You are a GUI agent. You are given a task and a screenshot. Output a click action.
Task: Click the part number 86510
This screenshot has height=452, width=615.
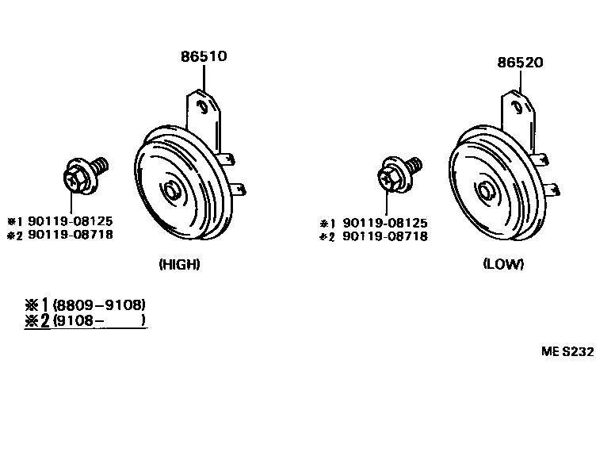click(204, 56)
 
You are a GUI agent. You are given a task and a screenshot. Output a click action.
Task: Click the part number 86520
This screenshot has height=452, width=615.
click(520, 62)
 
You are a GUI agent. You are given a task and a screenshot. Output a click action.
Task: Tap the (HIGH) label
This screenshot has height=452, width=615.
click(179, 265)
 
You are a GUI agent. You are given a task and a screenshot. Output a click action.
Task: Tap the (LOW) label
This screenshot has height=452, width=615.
click(503, 265)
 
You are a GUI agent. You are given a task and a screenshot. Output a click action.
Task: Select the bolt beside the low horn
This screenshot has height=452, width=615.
click(396, 174)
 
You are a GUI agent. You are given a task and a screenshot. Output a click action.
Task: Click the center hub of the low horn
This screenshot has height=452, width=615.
click(485, 190)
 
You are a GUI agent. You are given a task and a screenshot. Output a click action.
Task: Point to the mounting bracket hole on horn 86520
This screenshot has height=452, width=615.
click(516, 104)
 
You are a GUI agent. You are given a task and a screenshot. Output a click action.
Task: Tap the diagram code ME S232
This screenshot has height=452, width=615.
click(567, 352)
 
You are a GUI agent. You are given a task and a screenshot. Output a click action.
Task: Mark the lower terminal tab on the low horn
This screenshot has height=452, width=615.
click(554, 190)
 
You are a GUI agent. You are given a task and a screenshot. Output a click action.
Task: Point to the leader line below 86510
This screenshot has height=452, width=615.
click(204, 78)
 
